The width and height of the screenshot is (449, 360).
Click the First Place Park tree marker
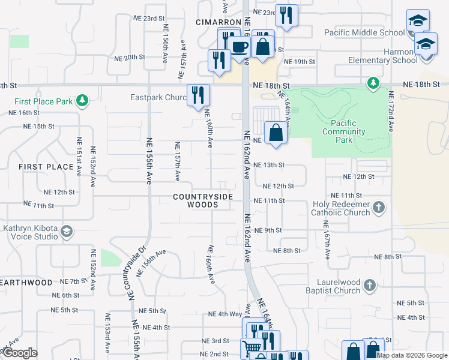(83, 100)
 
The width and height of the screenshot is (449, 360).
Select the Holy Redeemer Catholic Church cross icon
(379, 208)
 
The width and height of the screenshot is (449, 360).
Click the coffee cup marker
(240, 47)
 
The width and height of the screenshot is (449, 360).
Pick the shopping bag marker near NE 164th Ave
(276, 133)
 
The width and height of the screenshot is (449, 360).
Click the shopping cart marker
(252, 348)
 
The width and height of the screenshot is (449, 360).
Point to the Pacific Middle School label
(364, 32)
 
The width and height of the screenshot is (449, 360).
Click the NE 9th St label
(268, 230)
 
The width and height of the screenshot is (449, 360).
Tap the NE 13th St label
(269, 165)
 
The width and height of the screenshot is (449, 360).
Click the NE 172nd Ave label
(391, 112)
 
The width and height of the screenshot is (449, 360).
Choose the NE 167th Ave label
(327, 240)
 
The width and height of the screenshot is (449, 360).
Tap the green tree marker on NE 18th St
(373, 82)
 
